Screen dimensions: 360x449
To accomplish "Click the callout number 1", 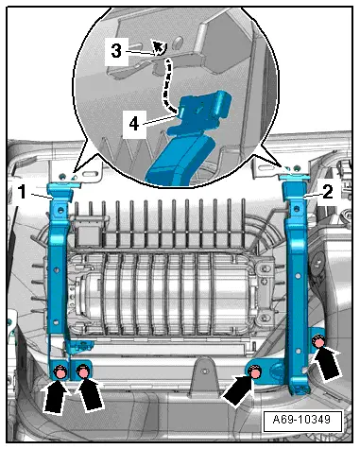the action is (x=22, y=191).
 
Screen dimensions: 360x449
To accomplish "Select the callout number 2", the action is (x=328, y=191).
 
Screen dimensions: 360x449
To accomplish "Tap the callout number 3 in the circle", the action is (x=116, y=51).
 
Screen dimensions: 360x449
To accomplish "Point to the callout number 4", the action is (x=134, y=124).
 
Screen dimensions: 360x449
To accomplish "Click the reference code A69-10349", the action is (x=302, y=420).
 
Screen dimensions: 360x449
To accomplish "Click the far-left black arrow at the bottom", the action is (x=55, y=396).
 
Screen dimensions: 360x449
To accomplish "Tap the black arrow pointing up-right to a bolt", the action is (x=238, y=389).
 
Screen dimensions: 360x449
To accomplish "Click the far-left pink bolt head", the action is (x=60, y=372).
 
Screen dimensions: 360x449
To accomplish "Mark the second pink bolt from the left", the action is (x=83, y=371).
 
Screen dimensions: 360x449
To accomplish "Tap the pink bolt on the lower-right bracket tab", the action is (x=255, y=372).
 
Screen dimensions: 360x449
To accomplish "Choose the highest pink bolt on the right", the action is (x=318, y=341).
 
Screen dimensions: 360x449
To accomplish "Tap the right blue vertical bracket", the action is (x=296, y=274).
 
